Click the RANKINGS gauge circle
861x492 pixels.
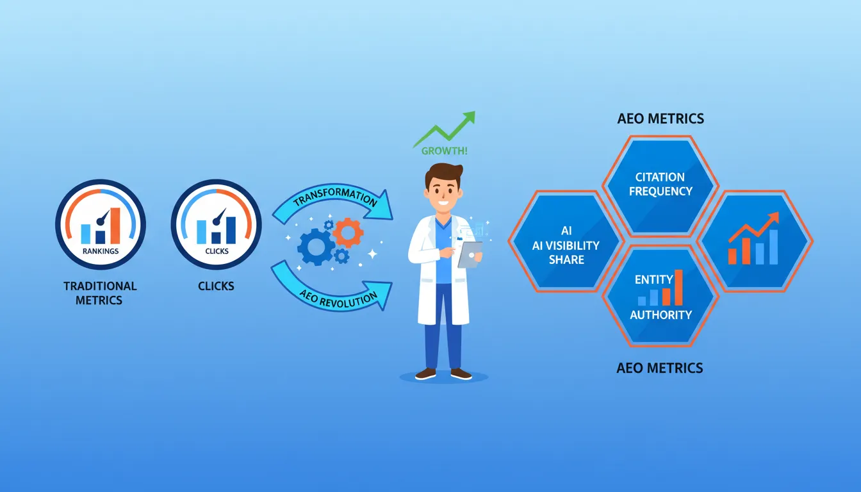pyautogui.click(x=101, y=224)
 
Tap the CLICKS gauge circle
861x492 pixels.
pyautogui.click(x=217, y=224)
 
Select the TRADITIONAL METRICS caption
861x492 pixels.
pyautogui.click(x=100, y=293)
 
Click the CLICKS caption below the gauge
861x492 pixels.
pyautogui.click(x=216, y=286)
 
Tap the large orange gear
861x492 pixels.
pyautogui.click(x=348, y=233)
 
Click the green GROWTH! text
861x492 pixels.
pyautogui.click(x=445, y=151)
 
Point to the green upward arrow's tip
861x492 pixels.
pyautogui.click(x=475, y=111)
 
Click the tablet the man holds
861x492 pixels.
pyautogui.click(x=470, y=255)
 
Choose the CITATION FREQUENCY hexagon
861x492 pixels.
pyautogui.click(x=660, y=186)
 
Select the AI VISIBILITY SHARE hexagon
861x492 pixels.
pyautogui.click(x=566, y=242)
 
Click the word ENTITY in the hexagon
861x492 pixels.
pyautogui.click(x=654, y=279)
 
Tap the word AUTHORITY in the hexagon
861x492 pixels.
pyautogui.click(x=660, y=315)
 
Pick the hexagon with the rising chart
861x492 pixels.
pyautogui.click(x=755, y=242)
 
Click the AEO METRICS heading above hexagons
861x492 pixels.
pyautogui.click(x=660, y=119)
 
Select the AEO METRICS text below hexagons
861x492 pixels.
pyautogui.click(x=660, y=368)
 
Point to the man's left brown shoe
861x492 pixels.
pyautogui.click(x=461, y=373)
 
